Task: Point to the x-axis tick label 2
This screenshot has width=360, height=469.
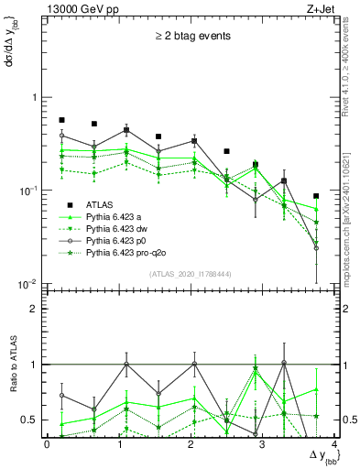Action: (x=190, y=444)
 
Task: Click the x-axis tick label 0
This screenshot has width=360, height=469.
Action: (x=47, y=444)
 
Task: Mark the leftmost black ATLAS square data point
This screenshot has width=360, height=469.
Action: (x=61, y=120)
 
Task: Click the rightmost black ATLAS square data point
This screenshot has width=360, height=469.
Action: (x=316, y=196)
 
